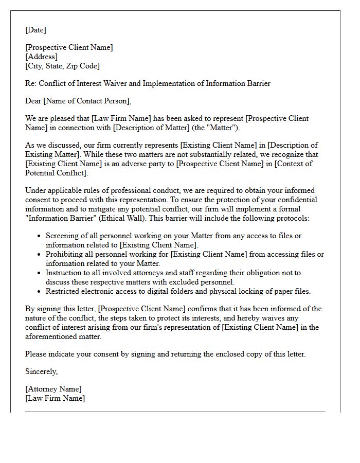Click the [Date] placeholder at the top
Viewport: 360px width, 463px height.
pos(35,30)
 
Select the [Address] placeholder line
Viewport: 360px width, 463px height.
pos(42,57)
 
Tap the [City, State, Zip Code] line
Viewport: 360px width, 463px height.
pos(63,66)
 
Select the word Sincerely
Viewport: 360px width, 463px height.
pos(42,371)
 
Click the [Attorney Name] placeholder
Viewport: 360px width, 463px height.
pos(53,389)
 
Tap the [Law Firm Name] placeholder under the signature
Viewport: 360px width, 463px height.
pos(55,398)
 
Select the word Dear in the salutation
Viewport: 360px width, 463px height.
pos(33,101)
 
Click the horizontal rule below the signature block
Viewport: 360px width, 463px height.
pos(175,411)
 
